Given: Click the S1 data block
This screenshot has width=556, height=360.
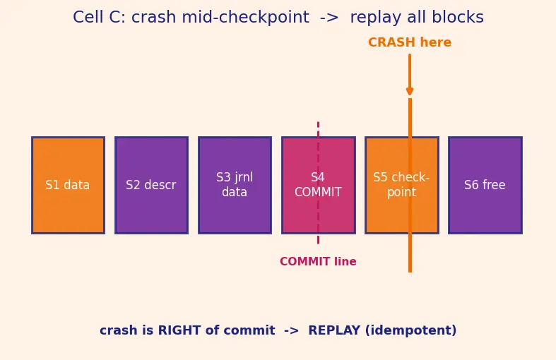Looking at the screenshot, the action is point(68,185).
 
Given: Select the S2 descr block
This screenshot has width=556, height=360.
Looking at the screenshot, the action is point(151,185).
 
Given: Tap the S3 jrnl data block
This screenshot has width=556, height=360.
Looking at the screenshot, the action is point(235,185).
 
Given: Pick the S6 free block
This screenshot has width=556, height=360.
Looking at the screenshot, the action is point(485,185).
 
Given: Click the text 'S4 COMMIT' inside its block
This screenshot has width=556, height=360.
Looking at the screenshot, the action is point(318,185).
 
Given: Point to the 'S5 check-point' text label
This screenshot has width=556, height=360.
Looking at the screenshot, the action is point(401,185).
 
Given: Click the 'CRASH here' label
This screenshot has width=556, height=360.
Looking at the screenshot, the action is point(410,42).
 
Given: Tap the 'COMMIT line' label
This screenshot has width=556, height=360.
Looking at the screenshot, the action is point(318,261).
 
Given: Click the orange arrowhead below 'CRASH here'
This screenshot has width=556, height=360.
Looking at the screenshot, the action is point(410,91).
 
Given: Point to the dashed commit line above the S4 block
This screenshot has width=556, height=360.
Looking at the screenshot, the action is point(318,129).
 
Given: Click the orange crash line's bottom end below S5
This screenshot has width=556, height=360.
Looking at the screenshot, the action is point(410,272).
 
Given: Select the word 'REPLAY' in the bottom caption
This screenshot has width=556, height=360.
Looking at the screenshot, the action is point(334,330).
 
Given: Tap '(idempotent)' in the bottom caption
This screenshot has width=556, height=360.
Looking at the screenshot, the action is point(410,330).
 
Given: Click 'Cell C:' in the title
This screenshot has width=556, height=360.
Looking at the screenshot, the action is point(100,17).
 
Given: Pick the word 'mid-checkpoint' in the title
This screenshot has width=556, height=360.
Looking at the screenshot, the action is point(245,18).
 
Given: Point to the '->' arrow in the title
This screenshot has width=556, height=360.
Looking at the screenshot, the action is point(329,18).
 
